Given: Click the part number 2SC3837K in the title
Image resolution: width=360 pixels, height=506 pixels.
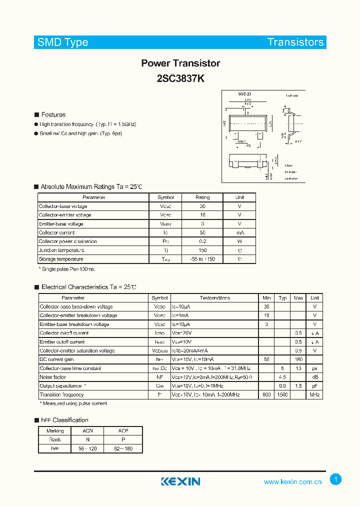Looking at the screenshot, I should tap(180, 78).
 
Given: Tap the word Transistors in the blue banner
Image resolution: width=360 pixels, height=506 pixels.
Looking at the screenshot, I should tap(295, 42).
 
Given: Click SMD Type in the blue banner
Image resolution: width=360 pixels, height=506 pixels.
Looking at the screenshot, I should tap(63, 42).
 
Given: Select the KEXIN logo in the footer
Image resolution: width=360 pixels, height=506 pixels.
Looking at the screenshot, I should tap(180, 481).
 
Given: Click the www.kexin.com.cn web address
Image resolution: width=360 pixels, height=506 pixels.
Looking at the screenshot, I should tap(293, 482).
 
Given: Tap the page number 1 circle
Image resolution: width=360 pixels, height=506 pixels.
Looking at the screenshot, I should tap(336, 479).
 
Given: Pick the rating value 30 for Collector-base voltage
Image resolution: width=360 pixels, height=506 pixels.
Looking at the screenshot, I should tap(202, 206).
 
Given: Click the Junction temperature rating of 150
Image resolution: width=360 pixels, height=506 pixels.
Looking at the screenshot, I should tap(202, 250).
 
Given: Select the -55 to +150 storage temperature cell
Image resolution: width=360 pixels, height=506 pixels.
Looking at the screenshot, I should tap(202, 259).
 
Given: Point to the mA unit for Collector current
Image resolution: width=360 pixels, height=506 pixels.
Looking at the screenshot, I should tap(239, 232).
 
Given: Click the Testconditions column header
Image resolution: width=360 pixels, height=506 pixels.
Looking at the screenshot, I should tap(215, 298).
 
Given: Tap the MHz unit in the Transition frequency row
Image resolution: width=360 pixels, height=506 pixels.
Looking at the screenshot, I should tap(314, 395).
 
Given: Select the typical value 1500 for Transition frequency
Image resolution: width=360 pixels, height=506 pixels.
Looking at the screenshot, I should tap(282, 395).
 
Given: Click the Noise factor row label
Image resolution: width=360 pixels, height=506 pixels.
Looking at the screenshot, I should tap(53, 377).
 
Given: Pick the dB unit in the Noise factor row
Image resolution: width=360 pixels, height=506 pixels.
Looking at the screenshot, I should tap(314, 377).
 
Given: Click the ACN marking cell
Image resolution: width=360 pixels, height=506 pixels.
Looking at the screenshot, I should tap(88, 431).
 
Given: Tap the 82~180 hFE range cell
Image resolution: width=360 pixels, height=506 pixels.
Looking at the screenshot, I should tap(123, 448).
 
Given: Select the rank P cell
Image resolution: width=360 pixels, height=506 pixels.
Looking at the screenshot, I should tap(123, 439).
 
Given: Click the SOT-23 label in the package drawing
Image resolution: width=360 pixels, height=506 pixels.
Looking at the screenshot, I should tap(244, 94).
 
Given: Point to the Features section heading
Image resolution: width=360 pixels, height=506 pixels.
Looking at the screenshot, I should tap(53, 114).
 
